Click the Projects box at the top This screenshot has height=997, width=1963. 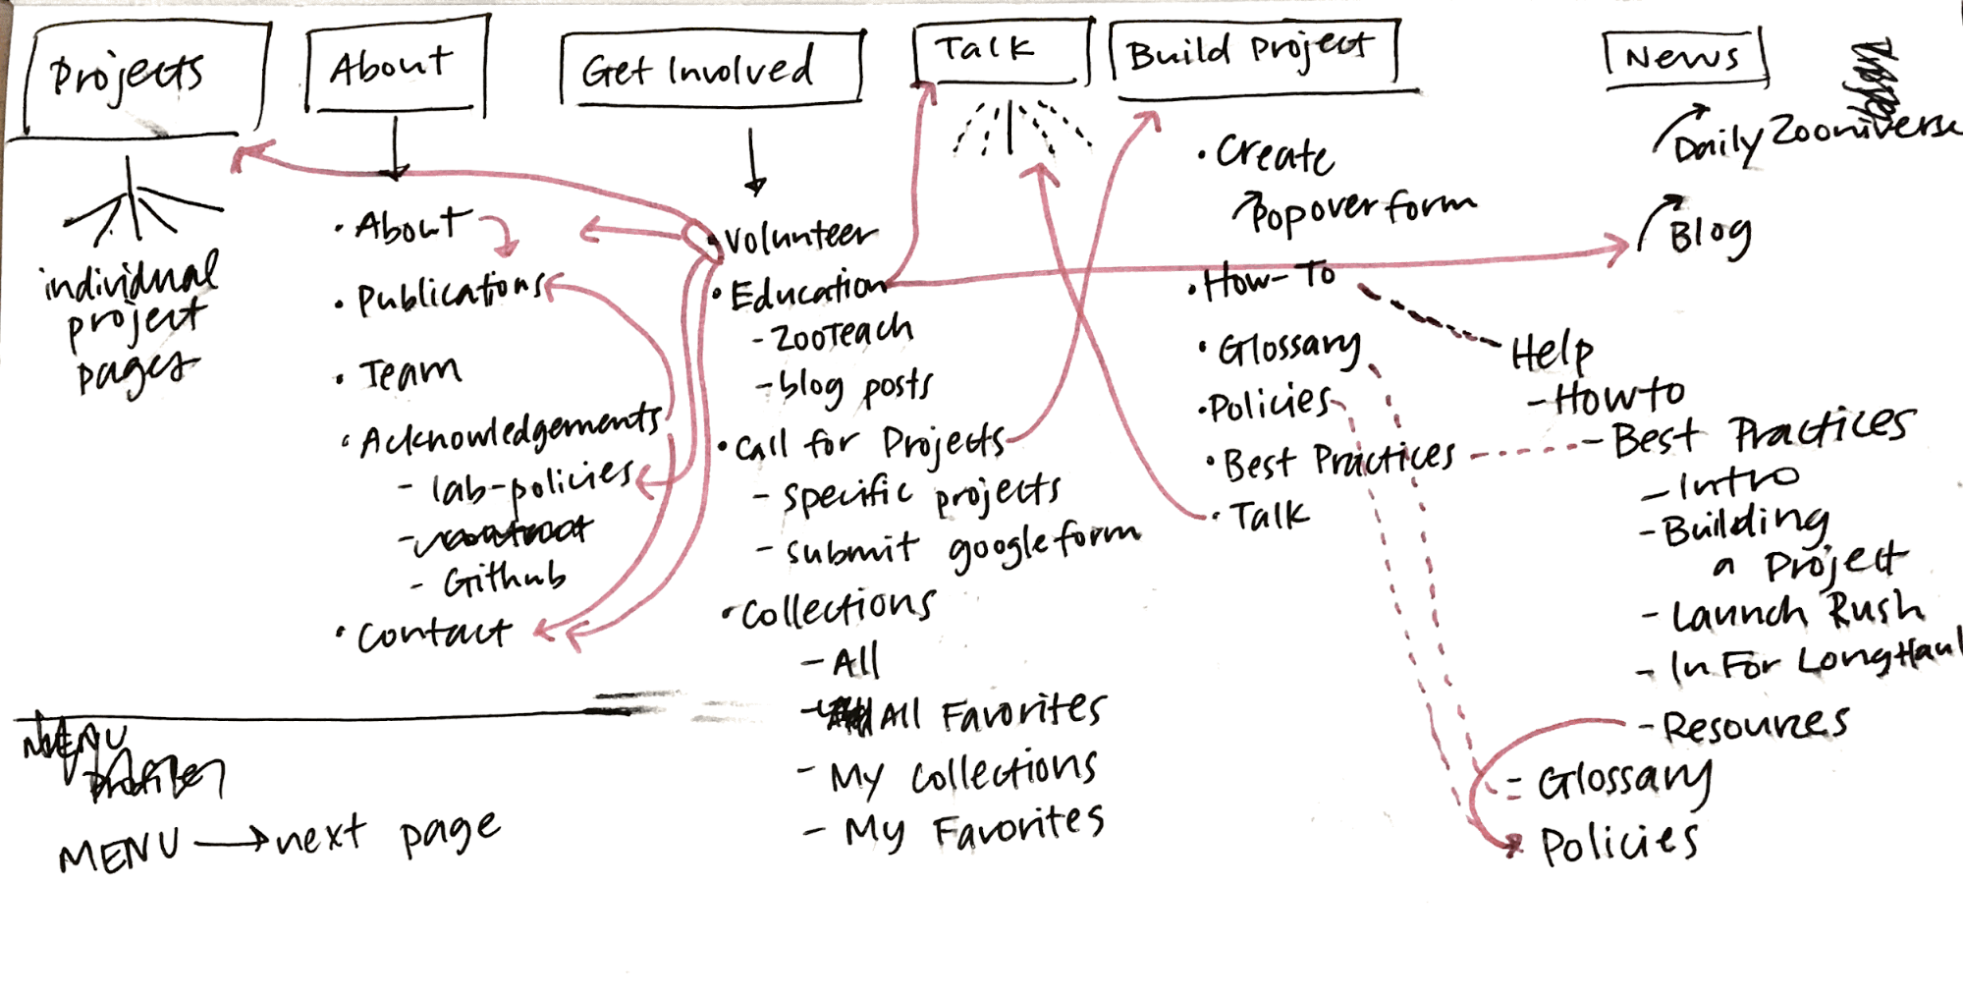coord(137,77)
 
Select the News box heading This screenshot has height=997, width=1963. coord(1682,58)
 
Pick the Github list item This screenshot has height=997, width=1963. coord(503,580)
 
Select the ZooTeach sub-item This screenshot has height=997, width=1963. coord(843,334)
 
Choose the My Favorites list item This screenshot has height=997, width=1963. coord(972,828)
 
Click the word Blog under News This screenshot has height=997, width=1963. coord(1710,236)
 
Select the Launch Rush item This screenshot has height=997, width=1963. coord(1797,612)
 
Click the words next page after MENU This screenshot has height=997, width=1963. coord(388,835)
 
